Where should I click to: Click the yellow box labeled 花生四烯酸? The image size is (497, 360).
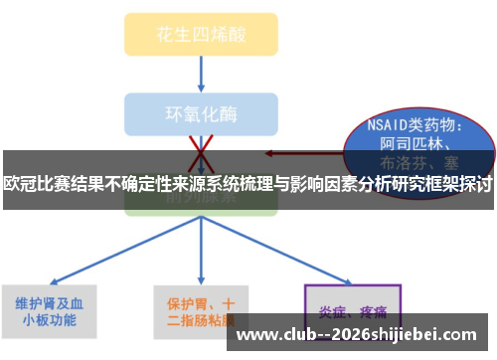pyautogui.click(x=201, y=33)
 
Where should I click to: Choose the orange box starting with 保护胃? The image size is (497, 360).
pyautogui.click(x=201, y=311)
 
